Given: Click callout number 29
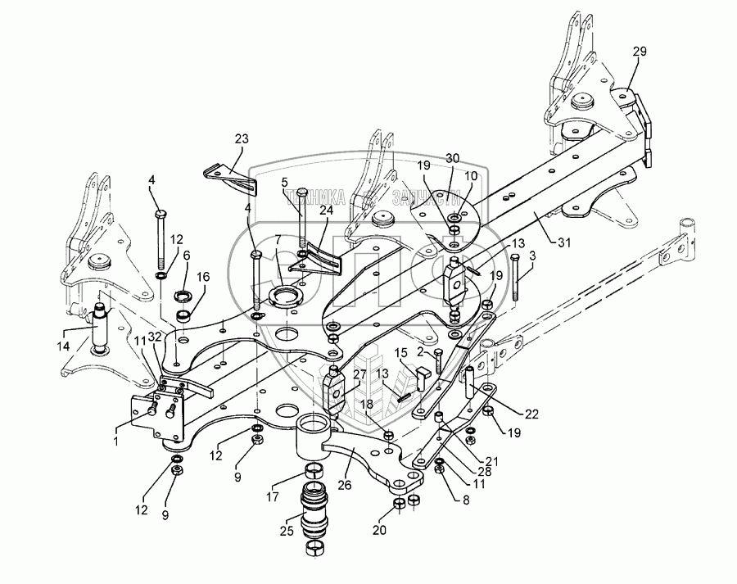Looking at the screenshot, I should (640, 52).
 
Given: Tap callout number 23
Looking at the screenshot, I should (241, 138).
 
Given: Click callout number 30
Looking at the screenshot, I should (452, 158).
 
